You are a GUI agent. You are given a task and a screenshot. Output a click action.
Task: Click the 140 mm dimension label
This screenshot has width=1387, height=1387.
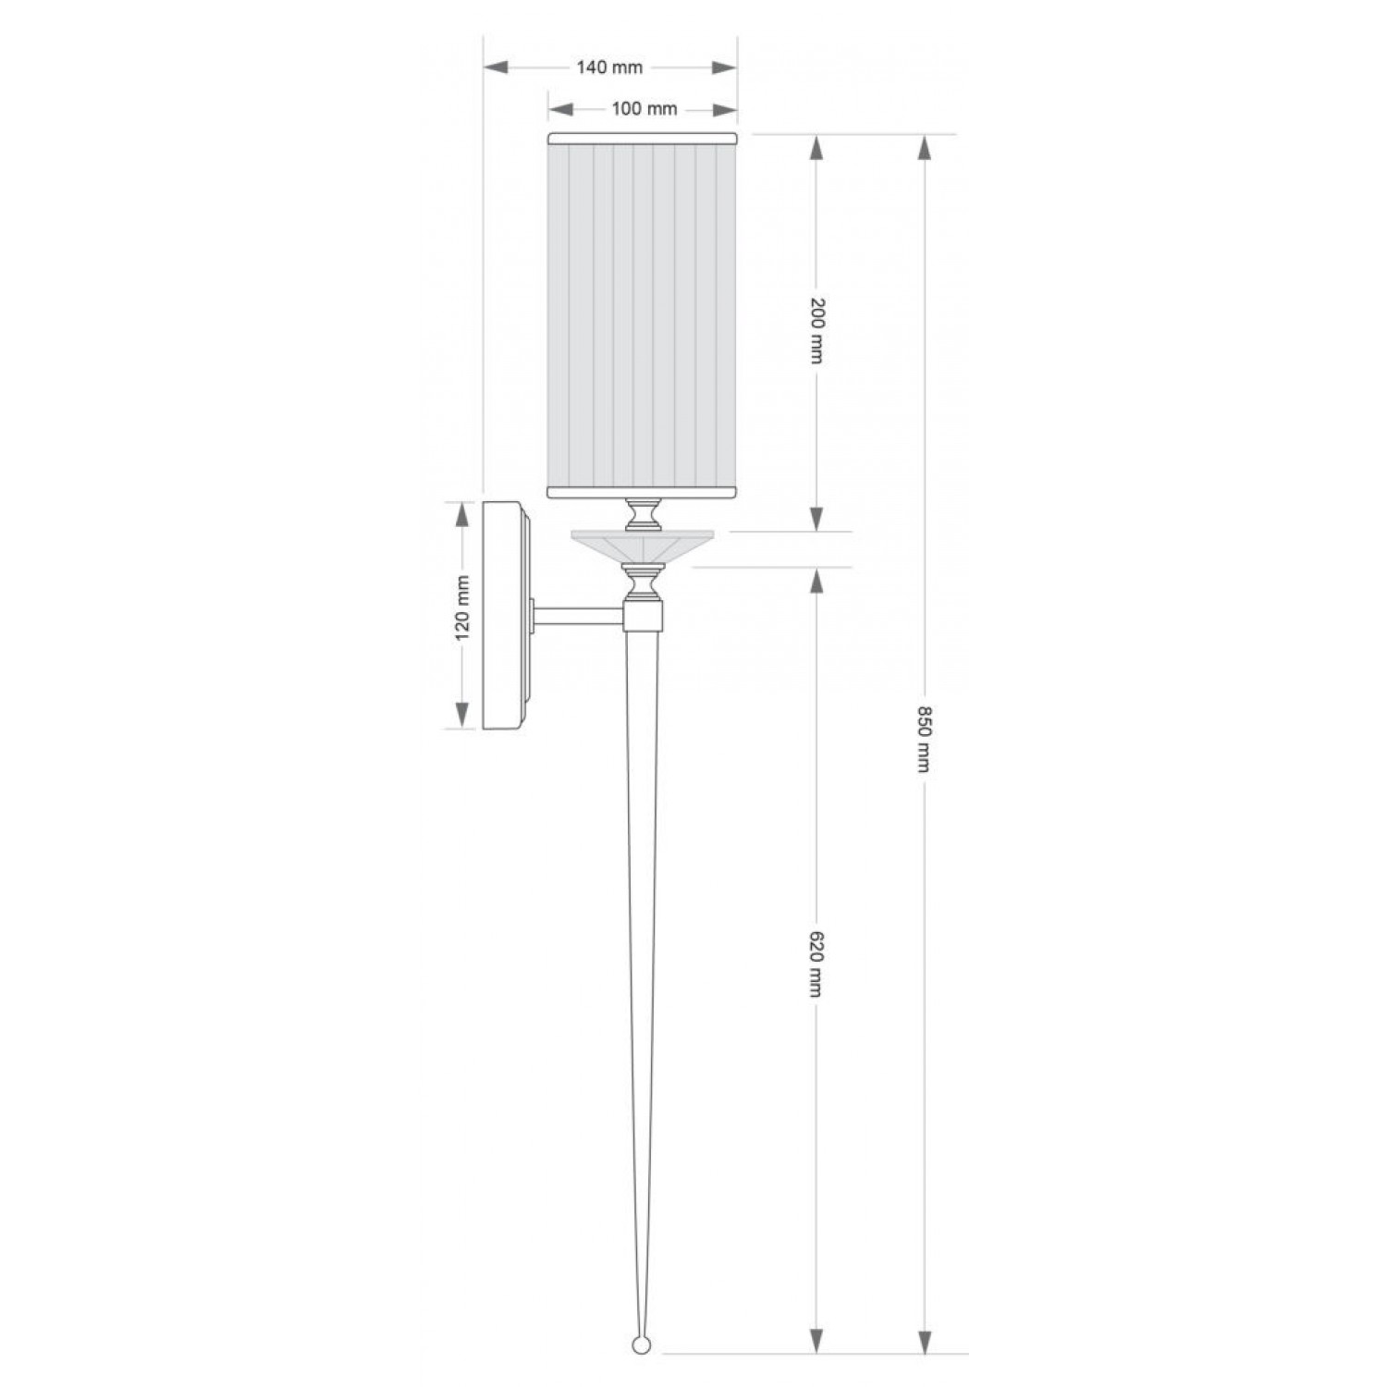click(x=609, y=68)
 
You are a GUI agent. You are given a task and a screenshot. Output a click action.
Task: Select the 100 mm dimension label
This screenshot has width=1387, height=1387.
click(x=644, y=109)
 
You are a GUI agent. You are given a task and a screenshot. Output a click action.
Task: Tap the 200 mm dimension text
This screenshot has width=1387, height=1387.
click(x=816, y=330)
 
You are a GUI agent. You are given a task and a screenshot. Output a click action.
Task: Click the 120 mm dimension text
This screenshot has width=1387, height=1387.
click(x=463, y=607)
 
